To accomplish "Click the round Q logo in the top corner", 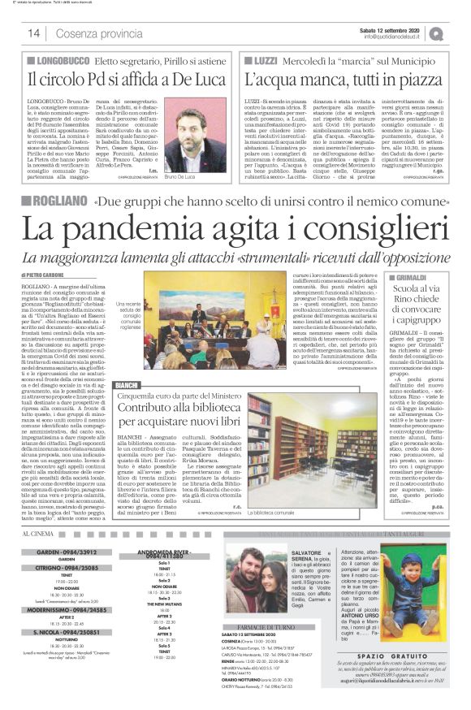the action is pos(458,32).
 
